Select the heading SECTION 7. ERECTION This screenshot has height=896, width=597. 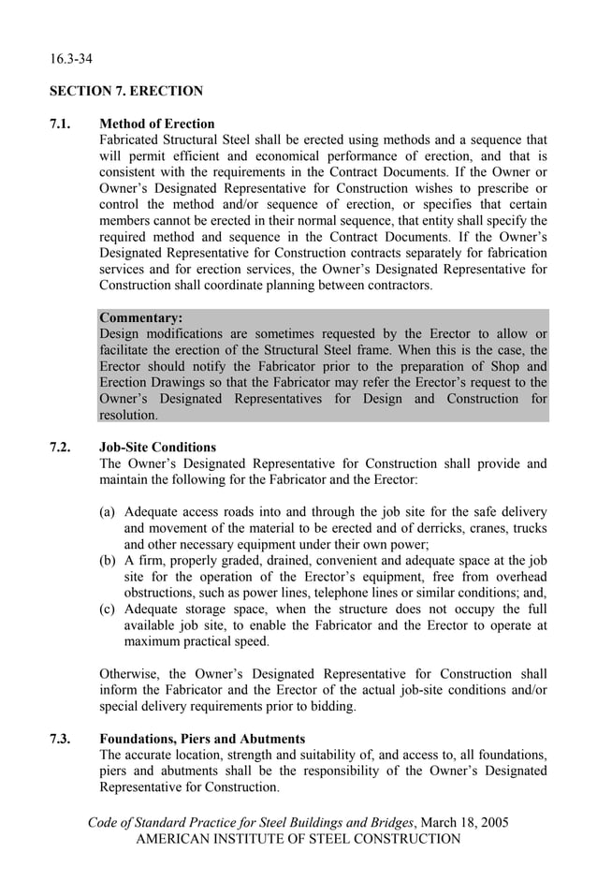pyautogui.click(x=126, y=92)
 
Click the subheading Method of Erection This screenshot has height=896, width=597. pyautogui.click(x=156, y=124)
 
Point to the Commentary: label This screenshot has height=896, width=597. pyautogui.click(x=140, y=317)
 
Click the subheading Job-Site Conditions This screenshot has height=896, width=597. pyautogui.click(x=157, y=447)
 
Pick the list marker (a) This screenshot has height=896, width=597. pyautogui.click(x=109, y=512)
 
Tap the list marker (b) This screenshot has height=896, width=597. pyautogui.click(x=109, y=561)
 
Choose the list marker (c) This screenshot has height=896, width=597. pyautogui.click(x=109, y=610)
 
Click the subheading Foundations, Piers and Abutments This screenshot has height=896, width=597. pyautogui.click(x=202, y=739)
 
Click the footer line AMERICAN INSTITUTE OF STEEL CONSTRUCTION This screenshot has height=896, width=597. pyautogui.click(x=298, y=839)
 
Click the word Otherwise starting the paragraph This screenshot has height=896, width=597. pyautogui.click(x=130, y=674)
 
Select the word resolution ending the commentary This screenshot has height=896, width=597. pyautogui.click(x=128, y=415)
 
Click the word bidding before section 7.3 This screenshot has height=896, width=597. pyautogui.click(x=331, y=706)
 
